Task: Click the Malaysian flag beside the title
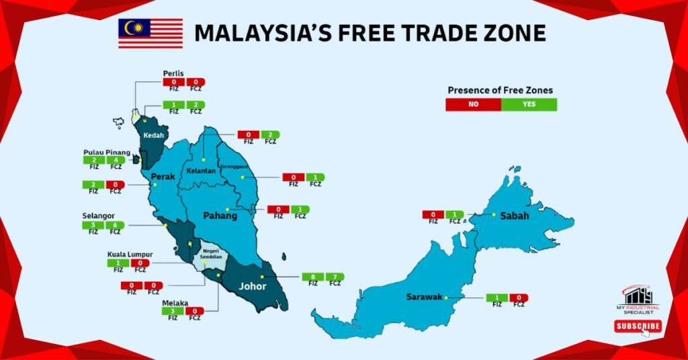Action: pos(150,33)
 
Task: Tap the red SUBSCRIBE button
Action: pos(638,326)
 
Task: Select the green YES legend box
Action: pos(529,104)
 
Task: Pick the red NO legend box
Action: pos(473,104)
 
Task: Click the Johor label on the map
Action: pos(253,286)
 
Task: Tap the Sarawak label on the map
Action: pos(424,297)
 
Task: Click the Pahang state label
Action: pos(220,216)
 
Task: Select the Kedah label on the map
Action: pos(153,134)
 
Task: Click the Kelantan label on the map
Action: pos(201,171)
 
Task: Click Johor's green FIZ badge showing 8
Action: pos(312,277)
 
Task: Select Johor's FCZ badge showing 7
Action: pos(335,277)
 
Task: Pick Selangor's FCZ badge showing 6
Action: pos(116,225)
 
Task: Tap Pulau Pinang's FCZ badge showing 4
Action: pos(116,160)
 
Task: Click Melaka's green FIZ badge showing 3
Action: pos(173,311)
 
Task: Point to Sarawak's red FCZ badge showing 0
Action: pos(519,298)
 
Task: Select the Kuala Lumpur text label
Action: pos(130,255)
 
